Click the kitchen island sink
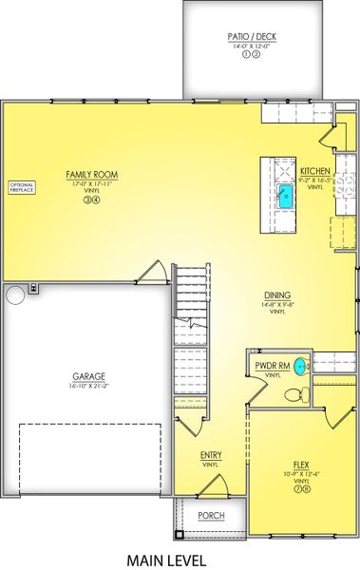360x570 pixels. click(x=285, y=197)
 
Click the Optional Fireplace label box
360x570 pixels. click(x=21, y=186)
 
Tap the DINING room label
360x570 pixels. click(x=277, y=294)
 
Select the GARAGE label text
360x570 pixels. click(x=88, y=376)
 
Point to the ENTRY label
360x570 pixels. click(x=211, y=455)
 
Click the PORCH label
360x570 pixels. click(x=210, y=516)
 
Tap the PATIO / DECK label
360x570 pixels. click(x=250, y=36)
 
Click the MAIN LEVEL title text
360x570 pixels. click(x=166, y=560)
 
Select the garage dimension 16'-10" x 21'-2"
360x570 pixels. click(x=88, y=386)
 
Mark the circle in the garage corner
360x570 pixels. click(x=16, y=296)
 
